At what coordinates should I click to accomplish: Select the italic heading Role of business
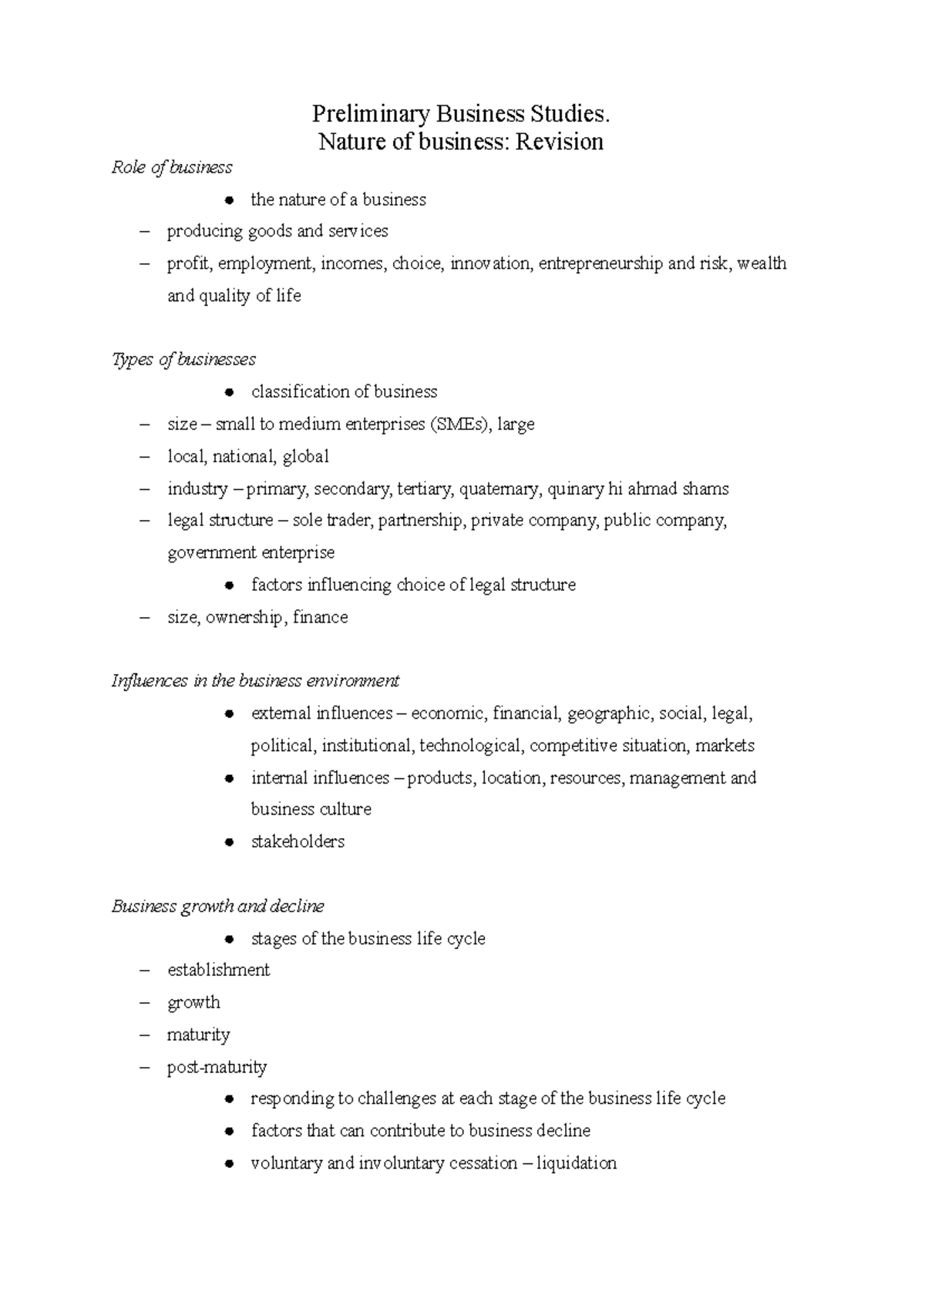coord(171,167)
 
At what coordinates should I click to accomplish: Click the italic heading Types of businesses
coord(183,360)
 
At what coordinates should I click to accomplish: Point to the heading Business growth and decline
coord(217,906)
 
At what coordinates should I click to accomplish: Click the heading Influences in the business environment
coord(255,681)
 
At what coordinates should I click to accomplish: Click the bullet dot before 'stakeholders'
coord(229,842)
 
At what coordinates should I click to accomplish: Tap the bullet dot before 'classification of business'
coord(229,392)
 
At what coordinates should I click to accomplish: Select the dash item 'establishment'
coord(218,970)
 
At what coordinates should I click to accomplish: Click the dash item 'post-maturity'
coord(217,1067)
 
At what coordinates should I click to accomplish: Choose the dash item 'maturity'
coord(198,1035)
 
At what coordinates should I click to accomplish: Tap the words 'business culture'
coord(311,810)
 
